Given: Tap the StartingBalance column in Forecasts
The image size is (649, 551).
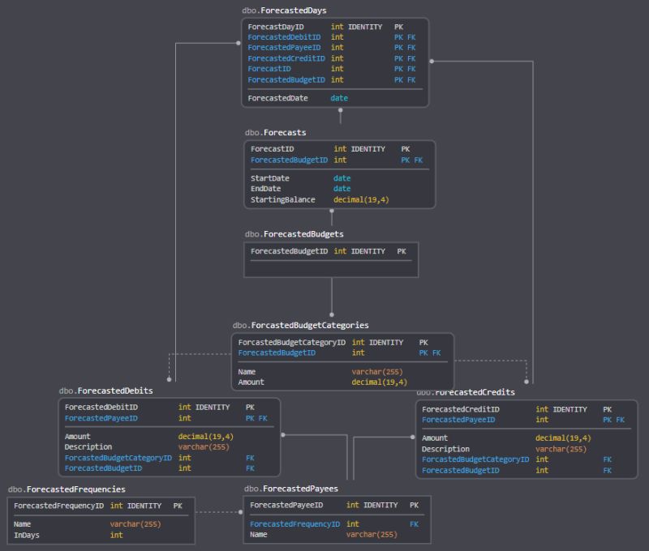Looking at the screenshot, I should tap(282, 199).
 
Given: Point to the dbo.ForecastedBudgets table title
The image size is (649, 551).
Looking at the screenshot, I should tap(294, 234).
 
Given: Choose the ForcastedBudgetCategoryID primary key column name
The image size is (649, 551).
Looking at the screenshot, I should tap(291, 343).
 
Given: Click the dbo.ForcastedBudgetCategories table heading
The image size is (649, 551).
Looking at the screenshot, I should tap(300, 325).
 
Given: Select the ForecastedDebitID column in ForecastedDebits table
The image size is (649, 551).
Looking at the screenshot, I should tap(101, 408).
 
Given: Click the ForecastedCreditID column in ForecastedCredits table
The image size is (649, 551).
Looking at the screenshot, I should tap(461, 410).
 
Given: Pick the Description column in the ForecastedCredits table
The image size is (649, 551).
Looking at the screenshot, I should tap(445, 449).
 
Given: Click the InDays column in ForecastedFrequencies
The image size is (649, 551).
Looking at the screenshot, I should tap(28, 535).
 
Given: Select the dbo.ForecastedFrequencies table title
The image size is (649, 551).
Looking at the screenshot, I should tap(67, 489).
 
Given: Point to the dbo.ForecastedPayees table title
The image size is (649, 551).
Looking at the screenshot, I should tap(290, 489).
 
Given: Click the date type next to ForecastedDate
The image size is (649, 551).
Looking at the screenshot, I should tap(339, 98).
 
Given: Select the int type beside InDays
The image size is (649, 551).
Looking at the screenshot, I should tap(117, 535).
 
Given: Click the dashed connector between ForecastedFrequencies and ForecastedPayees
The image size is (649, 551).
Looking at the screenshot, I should tap(219, 512).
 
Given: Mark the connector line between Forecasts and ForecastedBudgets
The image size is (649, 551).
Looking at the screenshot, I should tap(331, 217).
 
